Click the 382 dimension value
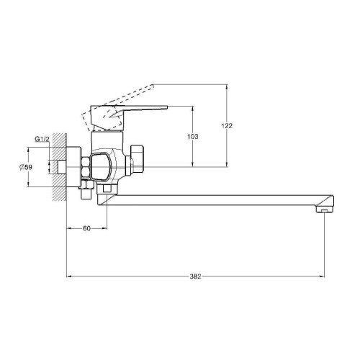(x=195, y=276)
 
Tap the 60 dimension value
(x=86, y=228)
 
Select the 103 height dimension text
(x=193, y=137)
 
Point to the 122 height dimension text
(x=227, y=125)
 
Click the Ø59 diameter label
(x=26, y=167)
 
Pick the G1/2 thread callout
(x=42, y=139)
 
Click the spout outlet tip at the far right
(x=325, y=210)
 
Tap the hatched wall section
(x=60, y=167)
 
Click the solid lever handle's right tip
(x=167, y=107)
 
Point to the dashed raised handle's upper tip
(x=153, y=85)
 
